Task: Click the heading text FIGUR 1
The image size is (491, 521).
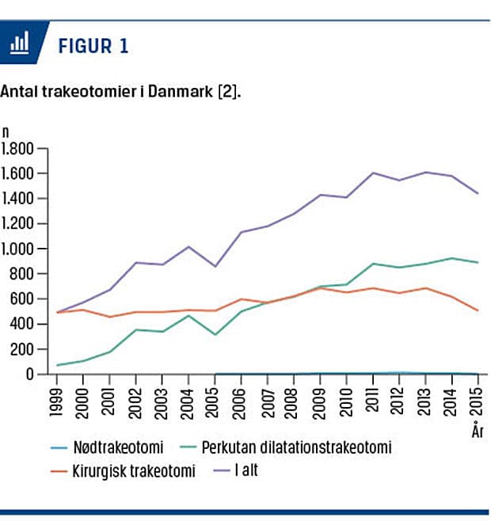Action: point(93,46)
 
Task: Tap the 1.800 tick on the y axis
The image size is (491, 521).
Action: point(18,149)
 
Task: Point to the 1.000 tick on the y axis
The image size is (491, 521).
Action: point(18,249)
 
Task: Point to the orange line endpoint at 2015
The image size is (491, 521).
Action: point(477,310)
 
